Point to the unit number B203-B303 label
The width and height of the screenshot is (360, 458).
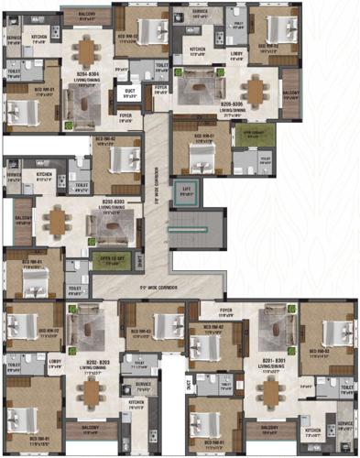click(113, 200)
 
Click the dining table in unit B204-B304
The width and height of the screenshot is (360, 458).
click(85, 51)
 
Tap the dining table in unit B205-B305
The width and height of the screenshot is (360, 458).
click(254, 91)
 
